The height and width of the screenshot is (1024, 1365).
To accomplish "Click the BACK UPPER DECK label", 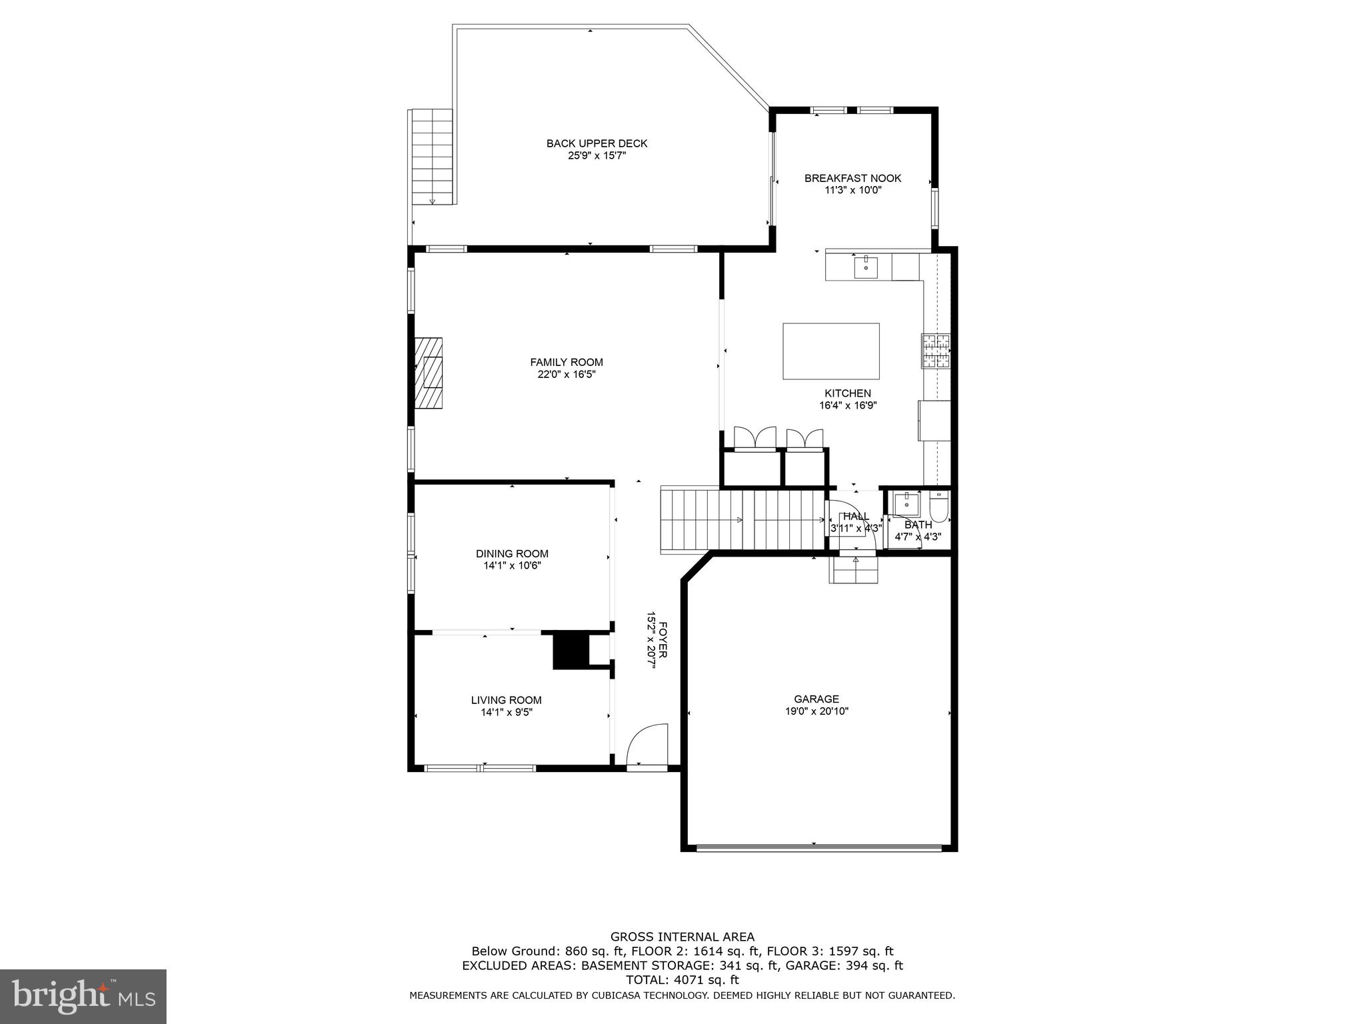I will pos(597,143).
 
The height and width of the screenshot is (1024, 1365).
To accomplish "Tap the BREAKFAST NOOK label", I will pos(852,178).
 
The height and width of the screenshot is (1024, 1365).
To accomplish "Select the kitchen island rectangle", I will pos(830,351).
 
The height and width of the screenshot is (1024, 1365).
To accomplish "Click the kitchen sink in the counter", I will pos(866,267).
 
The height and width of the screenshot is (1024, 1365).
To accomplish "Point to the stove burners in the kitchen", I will pos(936,351).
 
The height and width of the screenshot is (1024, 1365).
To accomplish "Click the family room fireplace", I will pos(429,373).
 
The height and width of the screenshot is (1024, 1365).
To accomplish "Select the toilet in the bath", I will pos(938,506).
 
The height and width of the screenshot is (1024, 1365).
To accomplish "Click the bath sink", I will pos(906,504).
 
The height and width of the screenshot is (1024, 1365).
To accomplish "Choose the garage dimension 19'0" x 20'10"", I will pos(816,711).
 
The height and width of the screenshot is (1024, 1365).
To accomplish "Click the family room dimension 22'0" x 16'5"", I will pos(567,375).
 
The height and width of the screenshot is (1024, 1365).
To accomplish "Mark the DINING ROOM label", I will pos(512,553).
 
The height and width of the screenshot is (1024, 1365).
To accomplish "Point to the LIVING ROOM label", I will pos(506,700).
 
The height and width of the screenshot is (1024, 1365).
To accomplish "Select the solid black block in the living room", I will pos(571,650).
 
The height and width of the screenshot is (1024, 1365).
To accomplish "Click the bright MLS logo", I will pos(83,996).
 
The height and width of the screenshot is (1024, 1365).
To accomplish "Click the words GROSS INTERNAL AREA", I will pos(682,937).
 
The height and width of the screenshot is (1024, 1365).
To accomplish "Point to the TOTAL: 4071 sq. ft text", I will pos(682,980).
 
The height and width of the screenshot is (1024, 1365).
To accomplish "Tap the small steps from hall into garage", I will pos(854,569).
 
